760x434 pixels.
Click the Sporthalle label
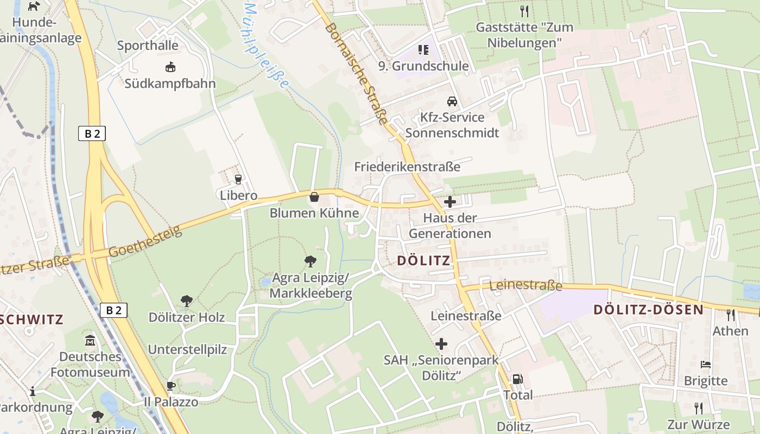pos(148,46)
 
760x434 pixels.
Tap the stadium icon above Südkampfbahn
pos(170,67)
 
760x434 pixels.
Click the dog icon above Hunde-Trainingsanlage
pos(34,6)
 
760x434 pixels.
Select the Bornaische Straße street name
pos(357,73)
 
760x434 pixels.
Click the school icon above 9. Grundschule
pos(423,50)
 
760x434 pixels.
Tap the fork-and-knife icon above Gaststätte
pos(524,11)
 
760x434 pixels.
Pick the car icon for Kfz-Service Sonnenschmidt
pos(452,101)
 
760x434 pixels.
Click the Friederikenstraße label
pos(407,167)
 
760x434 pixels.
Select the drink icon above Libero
pos(238,180)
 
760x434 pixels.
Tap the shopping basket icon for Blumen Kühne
pos(314,197)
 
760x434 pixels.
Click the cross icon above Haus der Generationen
pos(449,202)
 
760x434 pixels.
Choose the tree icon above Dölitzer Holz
pos(186,301)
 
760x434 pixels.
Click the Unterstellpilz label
pos(187,349)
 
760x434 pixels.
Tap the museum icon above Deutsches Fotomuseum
pos(90,341)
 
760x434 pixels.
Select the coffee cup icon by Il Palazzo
pos(171,386)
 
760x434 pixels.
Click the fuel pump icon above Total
pos(517,379)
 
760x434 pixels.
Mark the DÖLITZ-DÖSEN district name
pos(648,310)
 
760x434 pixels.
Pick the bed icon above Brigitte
pos(705,365)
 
